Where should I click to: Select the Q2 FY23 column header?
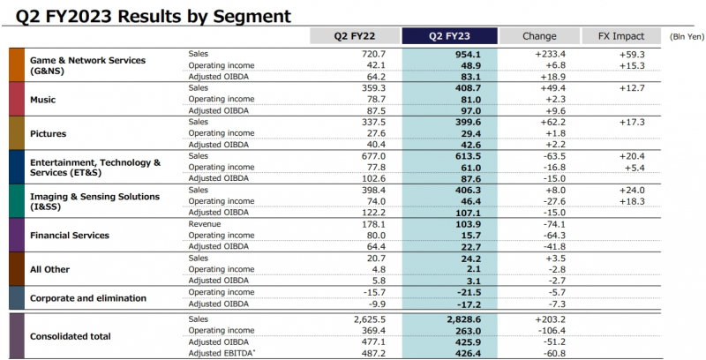point(448,36)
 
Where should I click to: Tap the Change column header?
point(539,36)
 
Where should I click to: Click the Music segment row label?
point(43,100)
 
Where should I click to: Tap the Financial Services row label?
point(70,236)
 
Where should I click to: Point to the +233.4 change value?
point(548,55)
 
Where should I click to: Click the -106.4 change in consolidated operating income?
point(550,330)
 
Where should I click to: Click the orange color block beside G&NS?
point(17,65)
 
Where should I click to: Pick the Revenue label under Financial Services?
point(206,224)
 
